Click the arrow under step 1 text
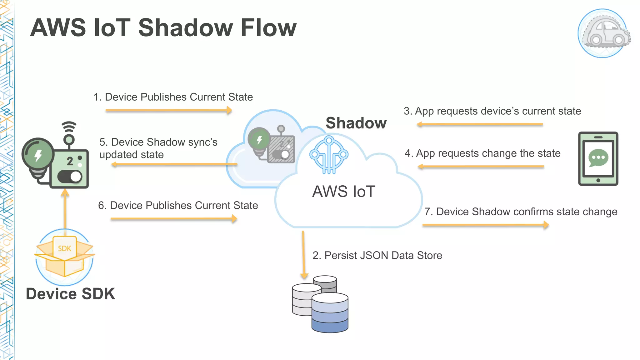coord(169,110)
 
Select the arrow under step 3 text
coord(480,124)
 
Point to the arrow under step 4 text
coord(481,167)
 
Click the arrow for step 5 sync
coord(174,164)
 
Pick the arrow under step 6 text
coord(174,219)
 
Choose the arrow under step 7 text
coord(485,225)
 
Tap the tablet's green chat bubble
coord(598,158)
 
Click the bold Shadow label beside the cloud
coord(356,123)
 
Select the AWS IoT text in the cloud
coord(344,191)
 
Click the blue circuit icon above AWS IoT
coord(329,155)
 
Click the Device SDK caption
coord(71,294)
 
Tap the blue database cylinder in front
coord(330,312)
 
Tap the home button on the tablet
coord(598,180)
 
